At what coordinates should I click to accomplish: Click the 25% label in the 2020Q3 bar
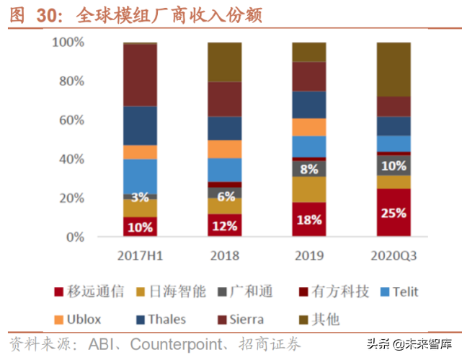[x=394, y=214]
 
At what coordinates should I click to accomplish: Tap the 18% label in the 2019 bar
[x=309, y=219]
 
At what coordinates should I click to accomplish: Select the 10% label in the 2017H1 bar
[x=141, y=227]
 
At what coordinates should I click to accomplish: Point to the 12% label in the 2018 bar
[x=225, y=226]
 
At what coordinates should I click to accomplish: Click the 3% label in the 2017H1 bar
[x=141, y=197]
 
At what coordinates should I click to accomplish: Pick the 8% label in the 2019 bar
[x=309, y=170]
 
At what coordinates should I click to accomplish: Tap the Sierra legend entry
[x=246, y=318]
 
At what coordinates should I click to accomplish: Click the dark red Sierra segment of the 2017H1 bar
[x=141, y=75]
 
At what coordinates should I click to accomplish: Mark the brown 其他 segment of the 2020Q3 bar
[x=394, y=69]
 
